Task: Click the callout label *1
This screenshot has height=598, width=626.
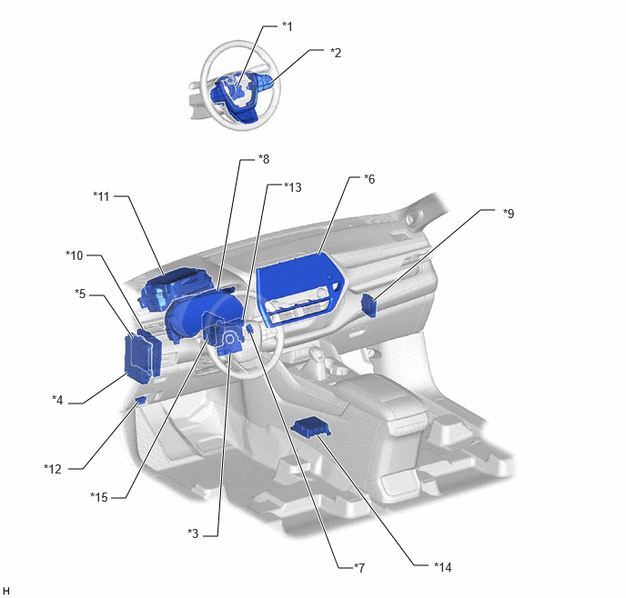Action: [x=288, y=26]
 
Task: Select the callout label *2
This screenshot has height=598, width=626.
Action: [x=336, y=53]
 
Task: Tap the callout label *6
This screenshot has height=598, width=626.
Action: [x=369, y=179]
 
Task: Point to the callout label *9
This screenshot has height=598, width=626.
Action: [x=509, y=214]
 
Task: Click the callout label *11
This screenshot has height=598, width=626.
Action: [x=101, y=196]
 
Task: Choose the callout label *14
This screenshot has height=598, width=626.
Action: [x=443, y=566]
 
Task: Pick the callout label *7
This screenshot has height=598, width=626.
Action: [x=359, y=567]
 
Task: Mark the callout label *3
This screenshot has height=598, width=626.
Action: [x=193, y=533]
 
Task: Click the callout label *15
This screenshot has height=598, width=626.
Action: [x=99, y=497]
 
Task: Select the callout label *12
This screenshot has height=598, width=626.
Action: [x=53, y=469]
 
